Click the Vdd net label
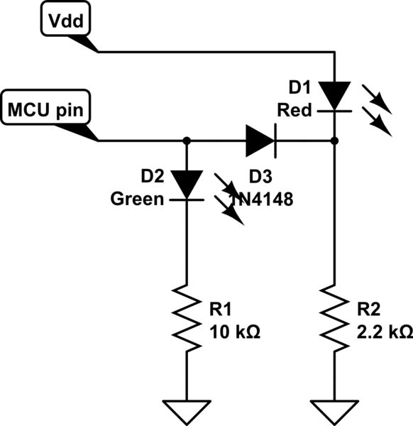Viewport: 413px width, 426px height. tap(65, 22)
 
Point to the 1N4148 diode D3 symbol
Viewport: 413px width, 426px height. tap(260, 141)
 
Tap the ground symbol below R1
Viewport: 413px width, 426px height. tap(187, 409)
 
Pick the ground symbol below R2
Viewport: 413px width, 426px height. tap(334, 409)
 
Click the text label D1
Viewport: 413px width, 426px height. tap(299, 89)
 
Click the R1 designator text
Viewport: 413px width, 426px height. tap(221, 310)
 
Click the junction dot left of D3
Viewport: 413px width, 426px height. tap(187, 141)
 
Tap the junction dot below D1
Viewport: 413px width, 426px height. tap(334, 141)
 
